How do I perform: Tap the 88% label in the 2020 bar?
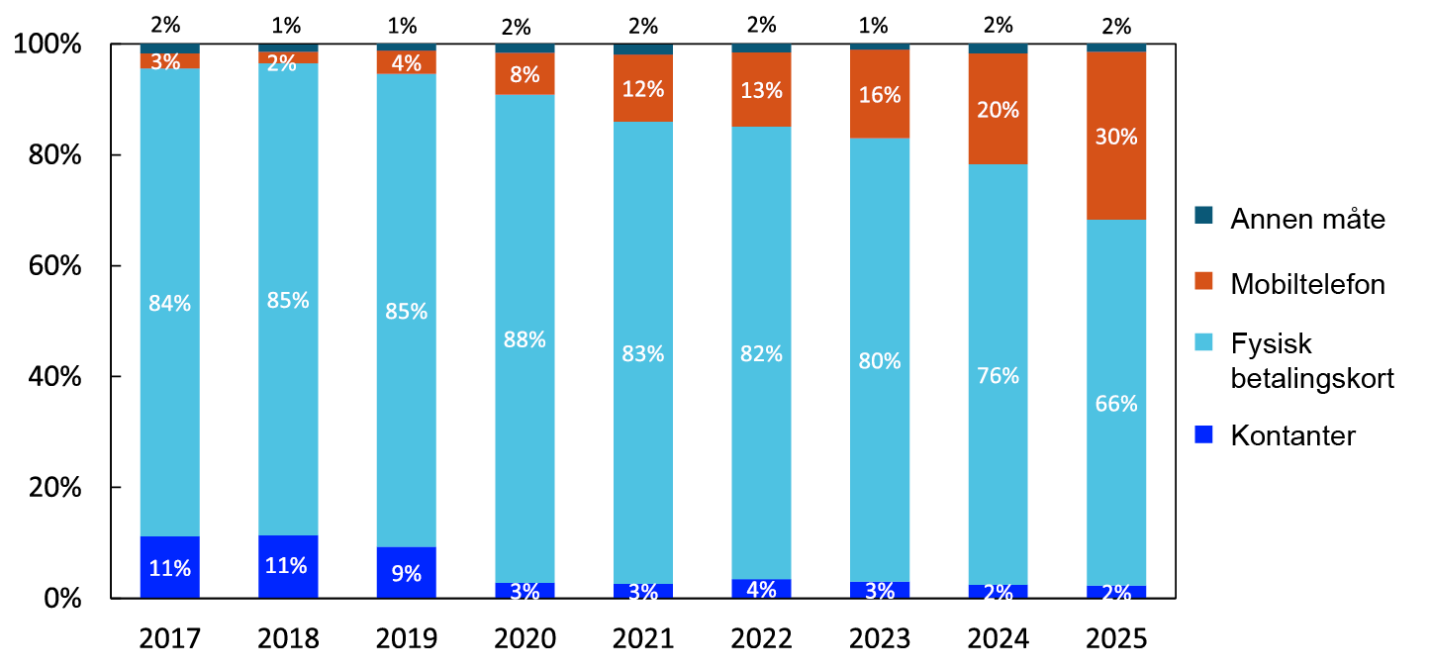524,339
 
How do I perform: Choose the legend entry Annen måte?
1307,219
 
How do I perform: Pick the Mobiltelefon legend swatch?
1203,282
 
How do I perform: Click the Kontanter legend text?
1292,435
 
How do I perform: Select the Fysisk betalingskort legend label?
1311,361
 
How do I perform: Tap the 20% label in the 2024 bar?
998,110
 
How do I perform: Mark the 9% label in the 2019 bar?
406,572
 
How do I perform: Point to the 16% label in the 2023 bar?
880,95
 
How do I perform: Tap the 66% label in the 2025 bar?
1116,404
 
